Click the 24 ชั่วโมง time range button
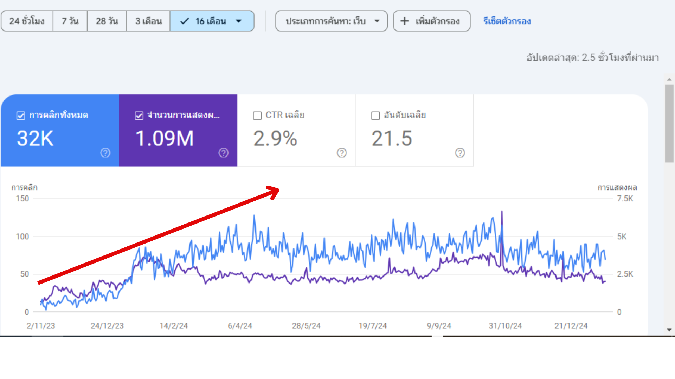click(27, 21)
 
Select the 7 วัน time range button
click(70, 21)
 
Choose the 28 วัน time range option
click(107, 21)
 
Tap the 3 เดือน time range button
click(148, 21)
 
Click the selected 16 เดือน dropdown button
click(212, 21)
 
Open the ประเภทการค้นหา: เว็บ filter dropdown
click(331, 21)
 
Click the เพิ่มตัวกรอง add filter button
click(431, 21)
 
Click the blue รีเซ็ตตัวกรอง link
click(507, 21)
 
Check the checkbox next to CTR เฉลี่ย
click(257, 115)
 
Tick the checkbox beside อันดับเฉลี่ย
click(375, 115)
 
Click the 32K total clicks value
click(35, 138)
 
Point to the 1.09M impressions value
click(164, 138)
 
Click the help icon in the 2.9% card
click(341, 153)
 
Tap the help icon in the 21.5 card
click(460, 153)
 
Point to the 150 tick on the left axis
click(22, 199)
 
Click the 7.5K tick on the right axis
click(625, 199)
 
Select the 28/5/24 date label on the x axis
click(306, 326)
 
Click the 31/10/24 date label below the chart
click(505, 326)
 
